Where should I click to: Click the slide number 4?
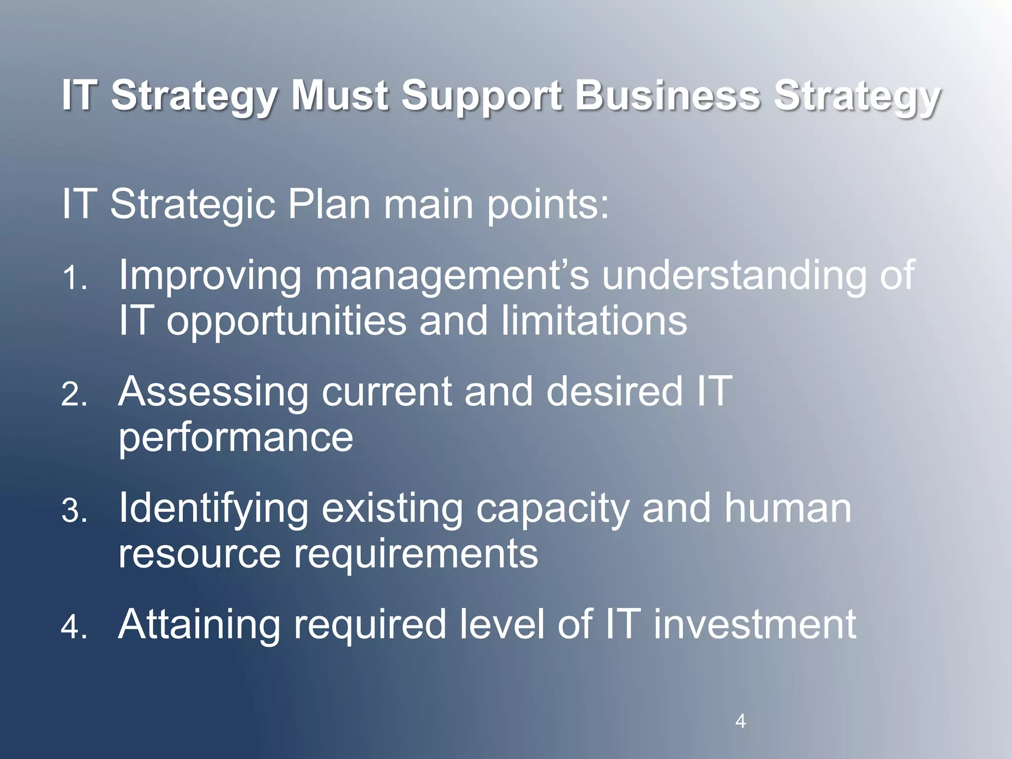[x=740, y=721]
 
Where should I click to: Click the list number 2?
[x=74, y=395]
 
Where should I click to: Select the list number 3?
[x=74, y=511]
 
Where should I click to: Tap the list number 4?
[x=74, y=628]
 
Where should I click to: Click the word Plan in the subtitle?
[x=329, y=204]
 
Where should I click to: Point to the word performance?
[x=236, y=438]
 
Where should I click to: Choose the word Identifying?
[x=213, y=509]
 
